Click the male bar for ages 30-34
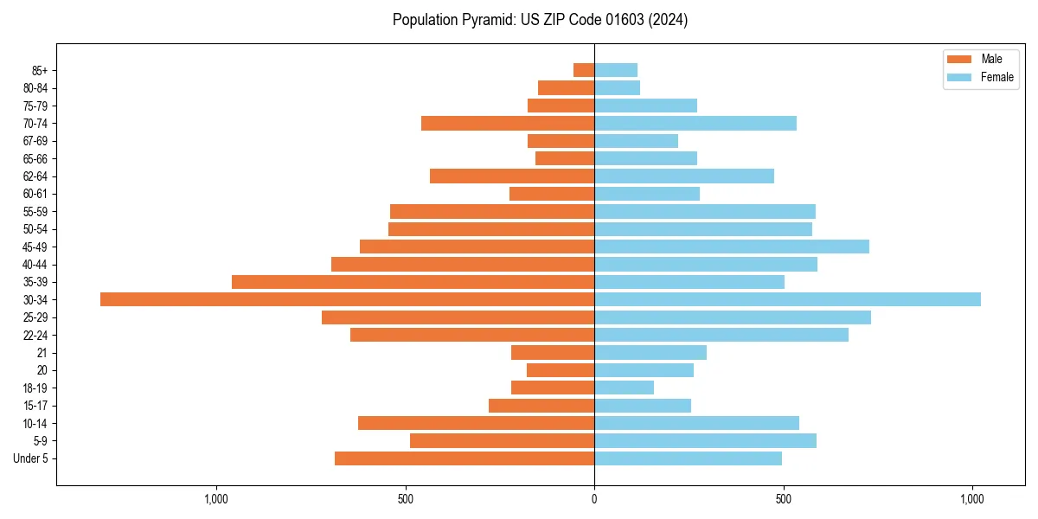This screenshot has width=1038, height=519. (347, 299)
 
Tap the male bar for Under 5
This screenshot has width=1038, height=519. (465, 458)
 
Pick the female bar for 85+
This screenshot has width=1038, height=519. (616, 70)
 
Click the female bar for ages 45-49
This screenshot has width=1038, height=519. (732, 247)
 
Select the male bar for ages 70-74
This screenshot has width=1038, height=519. (508, 123)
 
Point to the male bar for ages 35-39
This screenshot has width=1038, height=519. (413, 282)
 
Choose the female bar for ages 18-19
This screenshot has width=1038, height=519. (624, 388)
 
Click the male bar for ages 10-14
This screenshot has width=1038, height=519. (476, 423)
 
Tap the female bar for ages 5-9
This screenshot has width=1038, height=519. (705, 440)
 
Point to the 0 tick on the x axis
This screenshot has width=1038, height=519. (594, 499)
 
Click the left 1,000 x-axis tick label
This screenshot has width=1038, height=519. (215, 499)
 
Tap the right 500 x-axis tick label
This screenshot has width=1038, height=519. (783, 499)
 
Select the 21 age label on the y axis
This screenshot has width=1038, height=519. (42, 353)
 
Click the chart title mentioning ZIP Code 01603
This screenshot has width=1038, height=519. (540, 20)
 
